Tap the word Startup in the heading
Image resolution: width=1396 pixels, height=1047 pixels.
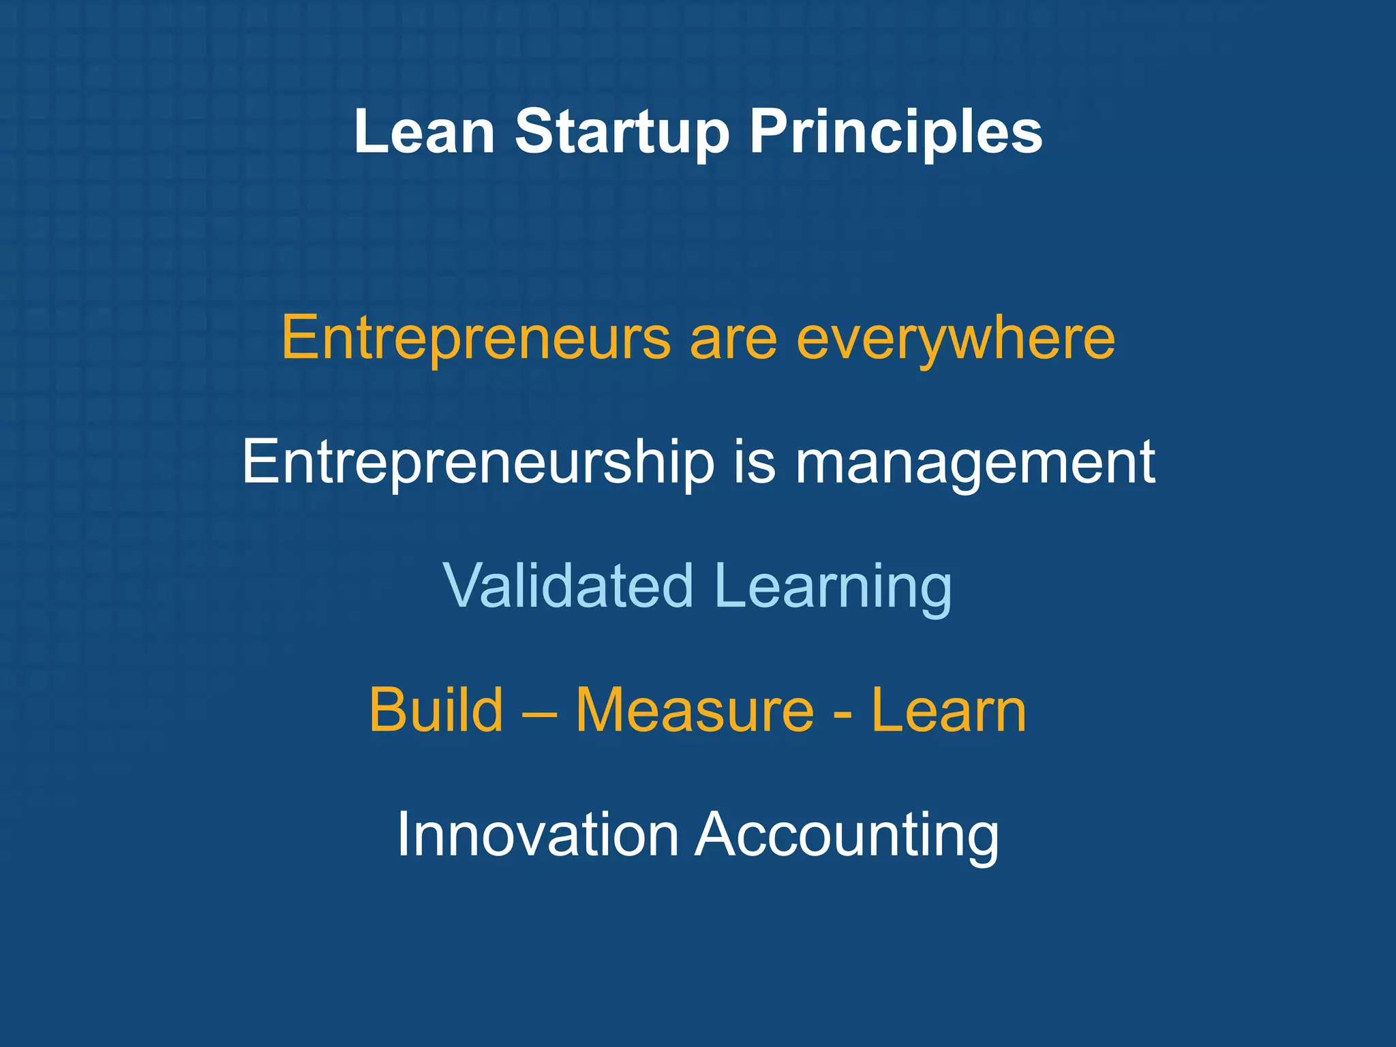coord(622,132)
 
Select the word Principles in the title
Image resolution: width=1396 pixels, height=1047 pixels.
coord(896,132)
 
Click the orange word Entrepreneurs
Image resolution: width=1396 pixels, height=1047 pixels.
coord(476,339)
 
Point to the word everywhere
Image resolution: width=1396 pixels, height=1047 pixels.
coord(956,339)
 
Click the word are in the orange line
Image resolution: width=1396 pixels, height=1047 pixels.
coord(733,339)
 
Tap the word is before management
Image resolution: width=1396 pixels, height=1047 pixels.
coord(755,462)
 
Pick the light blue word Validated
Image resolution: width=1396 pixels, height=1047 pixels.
coord(568,586)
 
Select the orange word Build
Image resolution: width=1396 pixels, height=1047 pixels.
coord(436,710)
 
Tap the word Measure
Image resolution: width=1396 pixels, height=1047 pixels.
coord(695,710)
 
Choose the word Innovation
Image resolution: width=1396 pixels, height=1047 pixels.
coord(538,834)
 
